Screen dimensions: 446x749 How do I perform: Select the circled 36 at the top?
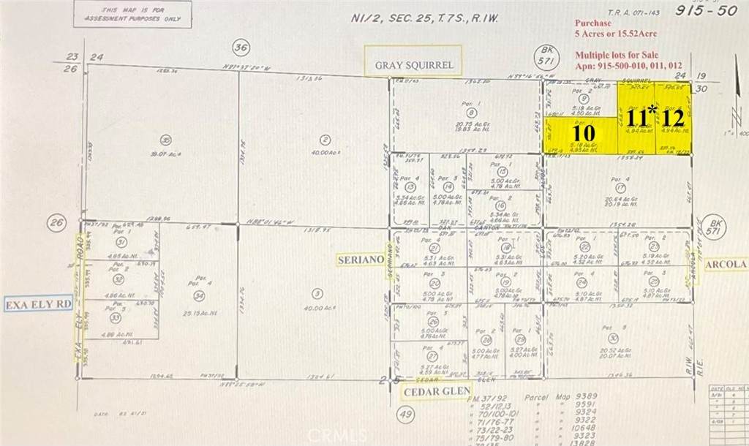pyautogui.click(x=241, y=48)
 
